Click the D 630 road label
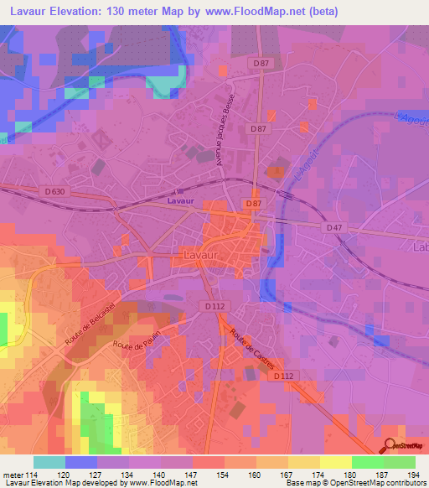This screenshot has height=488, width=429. tap(54, 192)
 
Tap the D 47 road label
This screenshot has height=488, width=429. tap(333, 227)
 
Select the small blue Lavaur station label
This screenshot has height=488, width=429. tap(180, 201)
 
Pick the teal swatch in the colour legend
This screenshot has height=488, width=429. tap(49, 462)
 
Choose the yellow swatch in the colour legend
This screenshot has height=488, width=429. tap(336, 462)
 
